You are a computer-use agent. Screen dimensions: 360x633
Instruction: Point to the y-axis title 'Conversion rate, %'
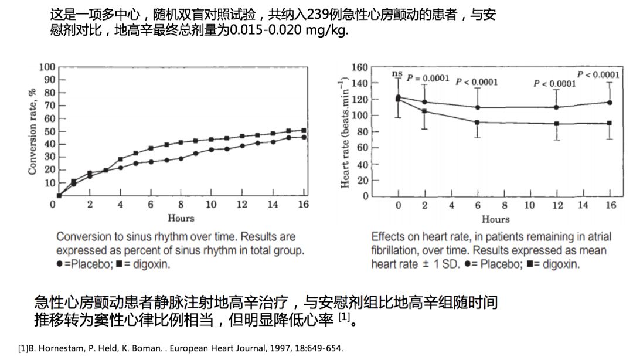33,130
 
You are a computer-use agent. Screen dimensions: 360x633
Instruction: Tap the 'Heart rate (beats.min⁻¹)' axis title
345,131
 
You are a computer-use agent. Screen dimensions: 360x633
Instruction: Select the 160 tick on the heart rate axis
360,67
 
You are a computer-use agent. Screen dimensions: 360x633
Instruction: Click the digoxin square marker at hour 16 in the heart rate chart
610,123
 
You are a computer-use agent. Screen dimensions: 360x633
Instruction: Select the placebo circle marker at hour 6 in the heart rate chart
478,107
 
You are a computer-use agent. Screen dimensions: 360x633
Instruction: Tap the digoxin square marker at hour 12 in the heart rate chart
556,124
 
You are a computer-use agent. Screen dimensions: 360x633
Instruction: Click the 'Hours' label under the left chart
181,218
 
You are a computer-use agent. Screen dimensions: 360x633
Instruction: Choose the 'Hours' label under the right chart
496,219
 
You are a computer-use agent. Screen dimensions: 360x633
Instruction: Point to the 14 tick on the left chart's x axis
273,205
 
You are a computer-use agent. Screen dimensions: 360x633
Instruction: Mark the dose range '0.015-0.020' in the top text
266,30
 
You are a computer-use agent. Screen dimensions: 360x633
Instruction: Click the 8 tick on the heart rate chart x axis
504,205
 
